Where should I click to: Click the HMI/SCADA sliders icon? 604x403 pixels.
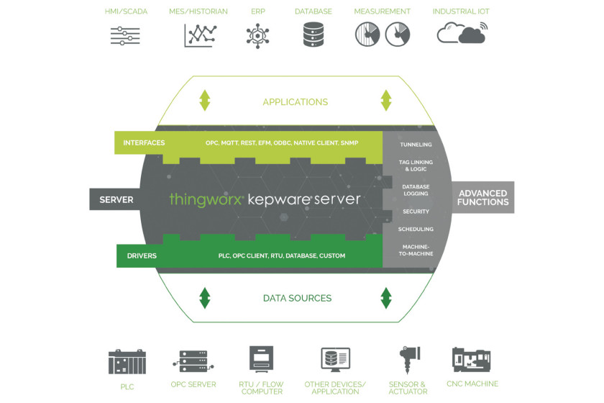[x=125, y=36]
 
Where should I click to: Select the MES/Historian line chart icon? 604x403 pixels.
[x=200, y=35]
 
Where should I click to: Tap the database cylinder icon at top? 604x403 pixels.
[x=314, y=35]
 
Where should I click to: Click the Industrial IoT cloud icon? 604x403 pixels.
[x=462, y=33]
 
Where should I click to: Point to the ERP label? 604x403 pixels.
[x=258, y=12]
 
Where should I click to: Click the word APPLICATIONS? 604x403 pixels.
[x=296, y=101]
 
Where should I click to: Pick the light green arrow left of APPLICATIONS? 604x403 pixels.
[x=204, y=100]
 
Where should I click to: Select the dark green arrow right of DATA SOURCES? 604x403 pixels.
[x=386, y=298]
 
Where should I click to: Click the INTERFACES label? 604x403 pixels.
[x=144, y=142]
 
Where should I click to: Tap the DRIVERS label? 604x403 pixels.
[x=142, y=255]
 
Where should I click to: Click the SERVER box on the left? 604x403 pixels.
[x=116, y=199]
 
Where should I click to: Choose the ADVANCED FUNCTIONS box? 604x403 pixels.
[x=483, y=197]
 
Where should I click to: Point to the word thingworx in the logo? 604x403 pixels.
[x=206, y=199]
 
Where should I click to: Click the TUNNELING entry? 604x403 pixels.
[x=416, y=145]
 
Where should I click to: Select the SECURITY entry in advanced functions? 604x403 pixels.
[x=416, y=212]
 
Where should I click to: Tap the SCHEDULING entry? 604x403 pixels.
[x=416, y=229]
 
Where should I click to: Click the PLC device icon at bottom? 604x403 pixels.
[x=127, y=362]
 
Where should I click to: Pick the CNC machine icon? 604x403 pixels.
[x=471, y=359]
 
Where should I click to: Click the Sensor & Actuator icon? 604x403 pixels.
[x=408, y=359]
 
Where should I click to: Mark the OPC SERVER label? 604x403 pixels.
[x=193, y=384]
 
